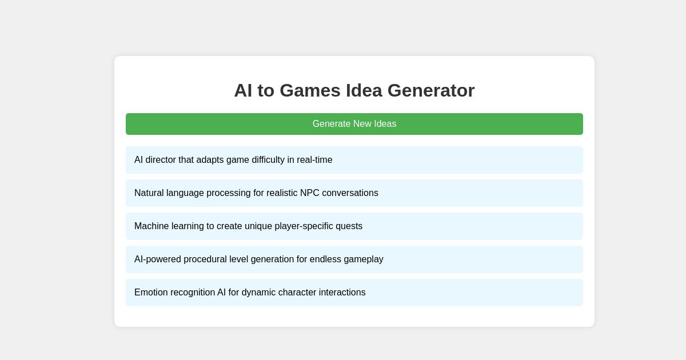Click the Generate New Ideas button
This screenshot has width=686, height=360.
354,124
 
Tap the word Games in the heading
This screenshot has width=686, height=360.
309,90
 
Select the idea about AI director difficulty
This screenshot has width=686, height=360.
354,160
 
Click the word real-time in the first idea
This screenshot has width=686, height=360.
314,160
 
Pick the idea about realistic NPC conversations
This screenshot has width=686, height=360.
354,193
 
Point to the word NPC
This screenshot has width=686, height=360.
309,193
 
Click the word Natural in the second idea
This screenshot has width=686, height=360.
149,193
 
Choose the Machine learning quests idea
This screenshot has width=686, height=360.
354,226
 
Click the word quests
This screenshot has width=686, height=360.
349,226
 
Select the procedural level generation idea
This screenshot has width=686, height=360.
354,259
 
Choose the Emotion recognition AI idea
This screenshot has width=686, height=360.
354,293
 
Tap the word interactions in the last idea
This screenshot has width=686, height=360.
341,293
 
